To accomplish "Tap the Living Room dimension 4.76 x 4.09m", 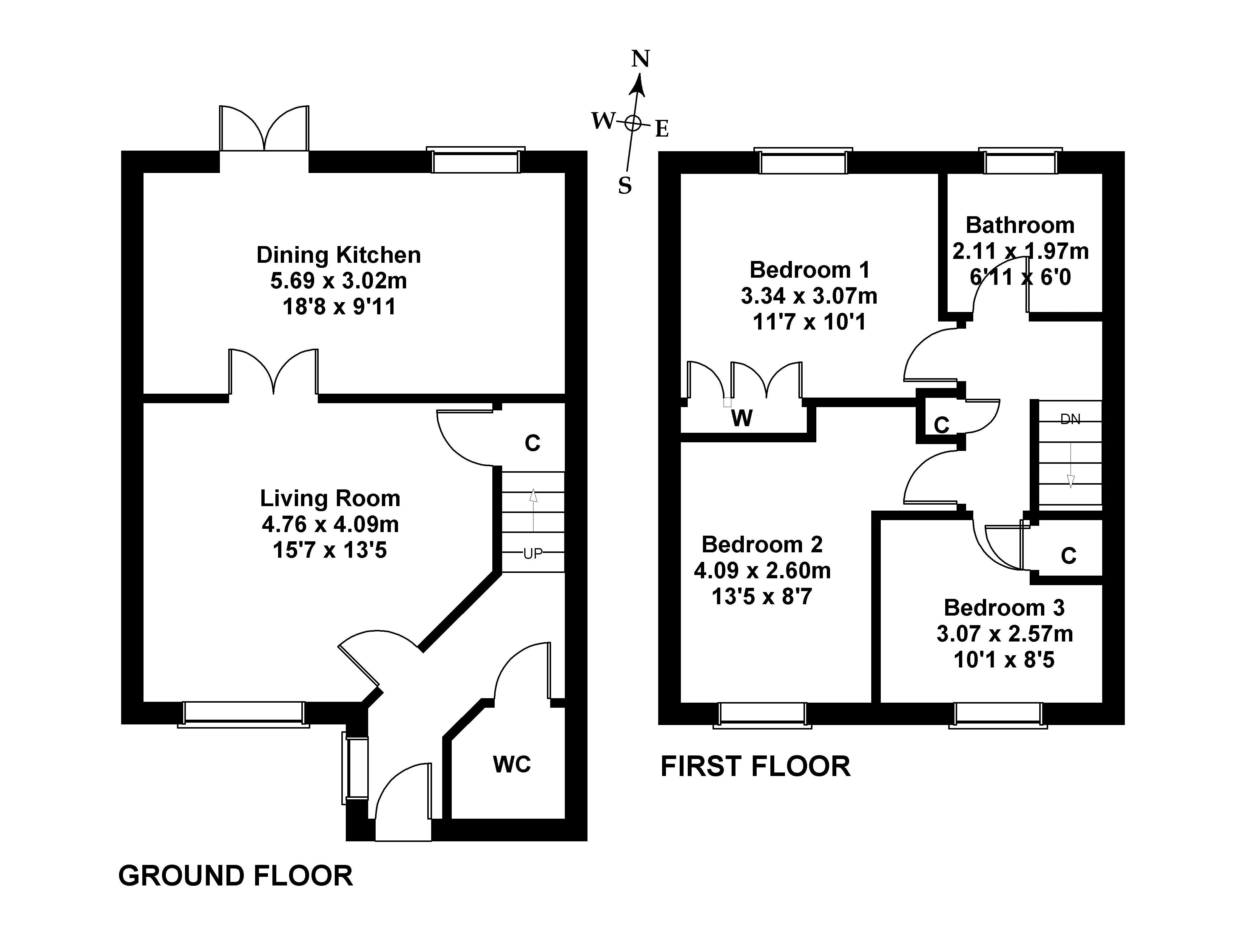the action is pos(330,524).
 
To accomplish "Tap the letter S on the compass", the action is pos(625,186).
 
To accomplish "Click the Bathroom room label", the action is pos(1020,225).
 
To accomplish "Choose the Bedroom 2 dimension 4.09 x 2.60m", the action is pos(762,571).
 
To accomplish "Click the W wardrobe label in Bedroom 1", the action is pos(742,418).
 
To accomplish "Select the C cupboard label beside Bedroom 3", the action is pos(1068,556).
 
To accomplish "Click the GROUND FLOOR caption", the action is pos(235,876).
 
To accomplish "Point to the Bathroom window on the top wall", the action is pos(1020,163).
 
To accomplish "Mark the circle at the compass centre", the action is pos(633,123).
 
